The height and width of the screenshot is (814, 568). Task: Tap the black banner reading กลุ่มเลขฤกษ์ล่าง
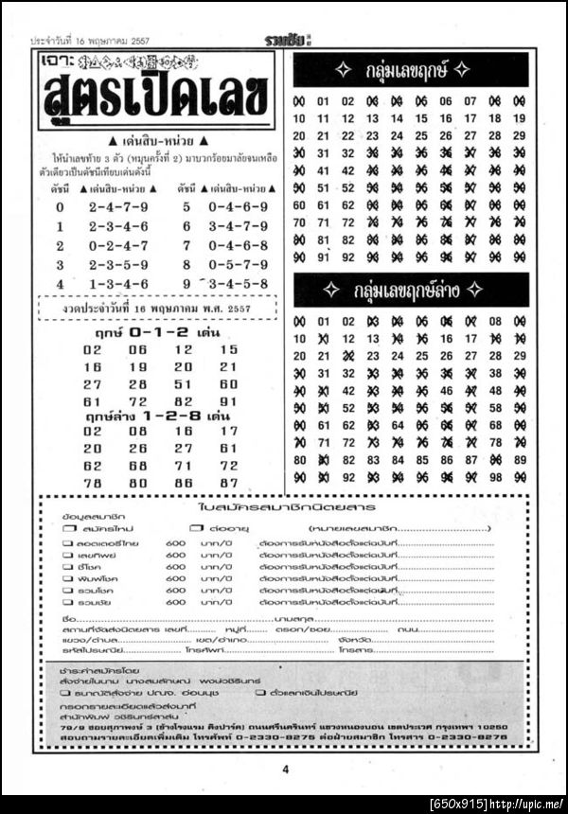point(410,291)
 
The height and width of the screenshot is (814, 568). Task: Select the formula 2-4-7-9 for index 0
point(118,206)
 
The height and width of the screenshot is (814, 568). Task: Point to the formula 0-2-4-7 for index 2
point(118,245)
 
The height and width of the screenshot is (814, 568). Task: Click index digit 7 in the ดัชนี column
point(186,245)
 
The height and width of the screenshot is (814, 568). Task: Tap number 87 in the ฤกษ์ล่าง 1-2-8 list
point(228,482)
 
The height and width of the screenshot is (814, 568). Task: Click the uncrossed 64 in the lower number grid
point(398,425)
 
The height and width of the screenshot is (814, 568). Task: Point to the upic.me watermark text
point(497,805)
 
